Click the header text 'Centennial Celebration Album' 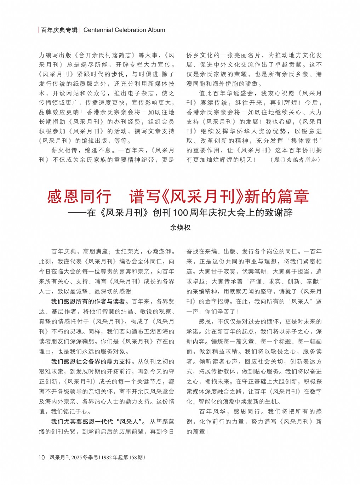point(124,30)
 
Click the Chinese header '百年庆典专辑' point(59,30)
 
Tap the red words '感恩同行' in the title point(79,196)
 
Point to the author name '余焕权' point(180,228)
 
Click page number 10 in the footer point(41,457)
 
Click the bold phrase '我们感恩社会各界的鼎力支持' point(91,361)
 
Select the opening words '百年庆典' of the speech point(64,252)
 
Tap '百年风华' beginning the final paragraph point(212,411)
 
